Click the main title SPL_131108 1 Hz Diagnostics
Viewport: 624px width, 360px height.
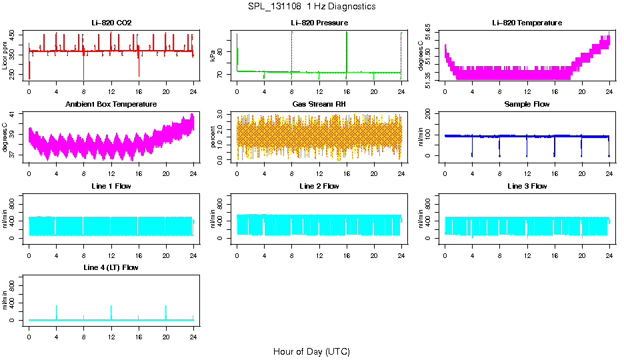[311, 7]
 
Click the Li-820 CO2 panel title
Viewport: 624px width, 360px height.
[111, 23]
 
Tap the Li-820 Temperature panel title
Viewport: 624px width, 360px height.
[527, 23]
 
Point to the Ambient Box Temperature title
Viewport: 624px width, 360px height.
[111, 105]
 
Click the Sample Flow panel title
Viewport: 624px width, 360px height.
[527, 105]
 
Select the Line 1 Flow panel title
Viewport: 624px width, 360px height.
[111, 186]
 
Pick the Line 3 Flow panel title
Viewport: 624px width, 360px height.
[527, 186]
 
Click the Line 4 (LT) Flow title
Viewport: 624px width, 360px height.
[111, 267]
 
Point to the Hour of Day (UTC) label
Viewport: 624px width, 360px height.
[311, 351]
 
